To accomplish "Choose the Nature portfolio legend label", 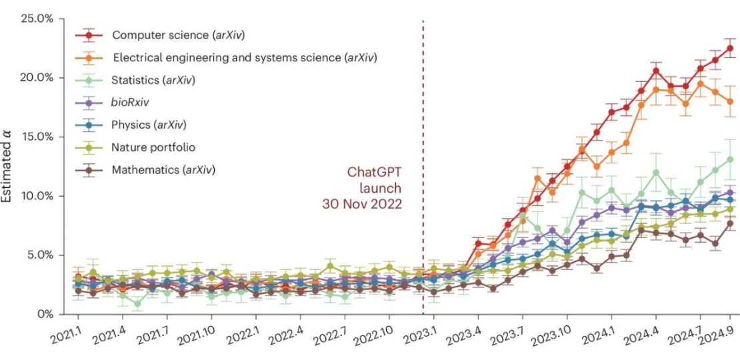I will (154, 147).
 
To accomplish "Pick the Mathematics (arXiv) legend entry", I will (163, 169).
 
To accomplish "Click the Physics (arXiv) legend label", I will (149, 125).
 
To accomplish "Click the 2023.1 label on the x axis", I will (421, 332).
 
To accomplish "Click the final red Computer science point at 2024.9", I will (730, 48).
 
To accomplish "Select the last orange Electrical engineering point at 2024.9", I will (730, 101).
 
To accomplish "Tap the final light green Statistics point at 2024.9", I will (730, 159).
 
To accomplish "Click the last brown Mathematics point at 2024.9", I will (730, 223).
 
